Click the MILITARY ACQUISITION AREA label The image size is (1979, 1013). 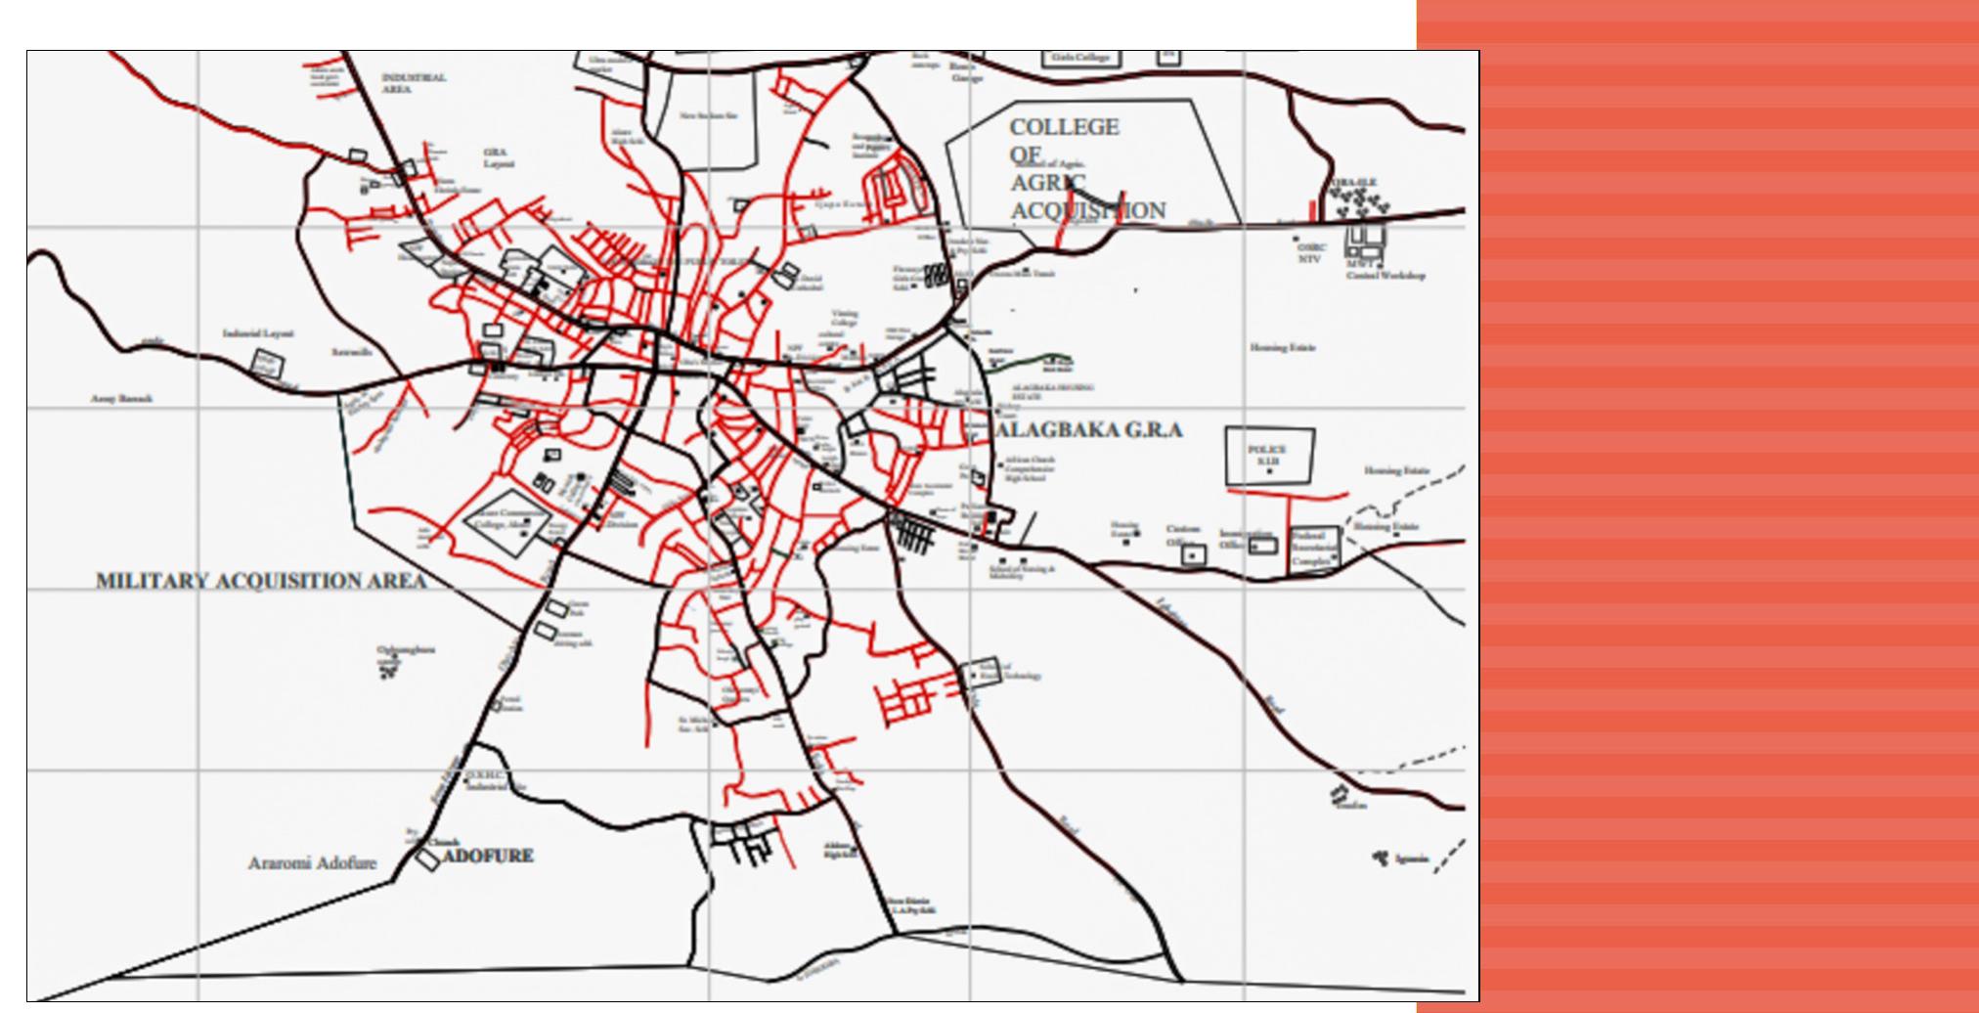[x=261, y=581]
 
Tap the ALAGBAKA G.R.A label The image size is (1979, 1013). [x=1090, y=430]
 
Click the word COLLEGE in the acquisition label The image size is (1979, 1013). [x=1064, y=127]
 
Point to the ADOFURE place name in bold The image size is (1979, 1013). [x=488, y=856]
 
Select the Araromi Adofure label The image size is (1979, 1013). [x=312, y=863]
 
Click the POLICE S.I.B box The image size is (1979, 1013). [x=1269, y=456]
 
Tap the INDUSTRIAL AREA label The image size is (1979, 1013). [x=413, y=83]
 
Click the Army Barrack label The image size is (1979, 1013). [x=122, y=399]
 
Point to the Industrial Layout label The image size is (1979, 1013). [x=258, y=334]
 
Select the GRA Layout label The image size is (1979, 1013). [x=498, y=157]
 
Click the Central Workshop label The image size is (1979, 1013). [x=1385, y=276]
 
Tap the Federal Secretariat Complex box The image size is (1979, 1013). [x=1313, y=550]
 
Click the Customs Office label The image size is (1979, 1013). [x=1182, y=536]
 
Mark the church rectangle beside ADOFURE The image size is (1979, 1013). [x=427, y=859]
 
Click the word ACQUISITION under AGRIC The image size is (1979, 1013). [x=1088, y=211]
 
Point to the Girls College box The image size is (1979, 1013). [x=1080, y=58]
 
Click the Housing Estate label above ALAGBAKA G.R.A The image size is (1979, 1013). [x=1283, y=347]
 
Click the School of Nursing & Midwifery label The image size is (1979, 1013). [x=1022, y=572]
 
